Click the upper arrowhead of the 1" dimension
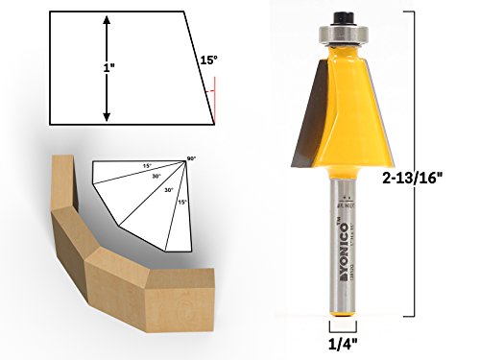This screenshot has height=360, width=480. [107, 19]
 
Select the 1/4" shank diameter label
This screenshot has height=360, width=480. [339, 343]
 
